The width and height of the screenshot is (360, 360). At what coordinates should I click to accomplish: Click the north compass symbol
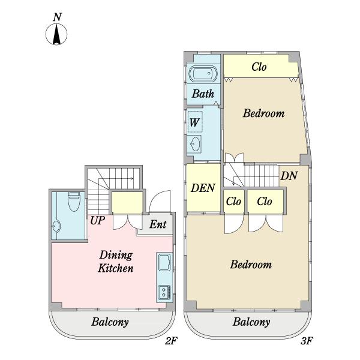pos(56,29)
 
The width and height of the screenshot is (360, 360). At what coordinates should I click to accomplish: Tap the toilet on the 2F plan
pos(74,202)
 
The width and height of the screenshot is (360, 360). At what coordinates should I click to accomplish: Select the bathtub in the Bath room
pos(203,74)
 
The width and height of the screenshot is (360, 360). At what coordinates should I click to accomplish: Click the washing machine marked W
pos(195,122)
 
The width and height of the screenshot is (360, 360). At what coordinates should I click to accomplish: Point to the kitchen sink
pos(164,262)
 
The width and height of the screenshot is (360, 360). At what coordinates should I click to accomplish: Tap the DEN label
pos(203,188)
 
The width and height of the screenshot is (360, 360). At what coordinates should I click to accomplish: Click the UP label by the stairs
pos(98,221)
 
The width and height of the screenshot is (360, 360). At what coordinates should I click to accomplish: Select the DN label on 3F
pos(289,176)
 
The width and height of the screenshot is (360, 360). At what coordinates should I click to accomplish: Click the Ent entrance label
pos(158,224)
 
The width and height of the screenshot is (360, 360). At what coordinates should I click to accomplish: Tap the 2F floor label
pos(171,341)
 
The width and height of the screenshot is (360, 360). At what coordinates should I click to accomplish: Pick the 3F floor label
pos(307,341)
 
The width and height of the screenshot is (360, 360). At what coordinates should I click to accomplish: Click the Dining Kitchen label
pos(116,262)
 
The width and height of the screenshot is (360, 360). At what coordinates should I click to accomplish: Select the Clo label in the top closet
pos(259,67)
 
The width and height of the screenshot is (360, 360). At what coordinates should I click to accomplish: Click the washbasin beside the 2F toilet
pos(56,226)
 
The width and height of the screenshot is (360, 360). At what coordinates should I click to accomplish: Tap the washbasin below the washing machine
pos(195,144)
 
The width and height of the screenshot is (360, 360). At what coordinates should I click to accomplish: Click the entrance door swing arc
pos(160,201)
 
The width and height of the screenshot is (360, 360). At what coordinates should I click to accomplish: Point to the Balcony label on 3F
pos(251,322)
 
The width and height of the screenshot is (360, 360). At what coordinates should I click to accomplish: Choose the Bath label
pos(203,94)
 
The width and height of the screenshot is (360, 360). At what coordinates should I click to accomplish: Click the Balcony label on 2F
pos(110,322)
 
